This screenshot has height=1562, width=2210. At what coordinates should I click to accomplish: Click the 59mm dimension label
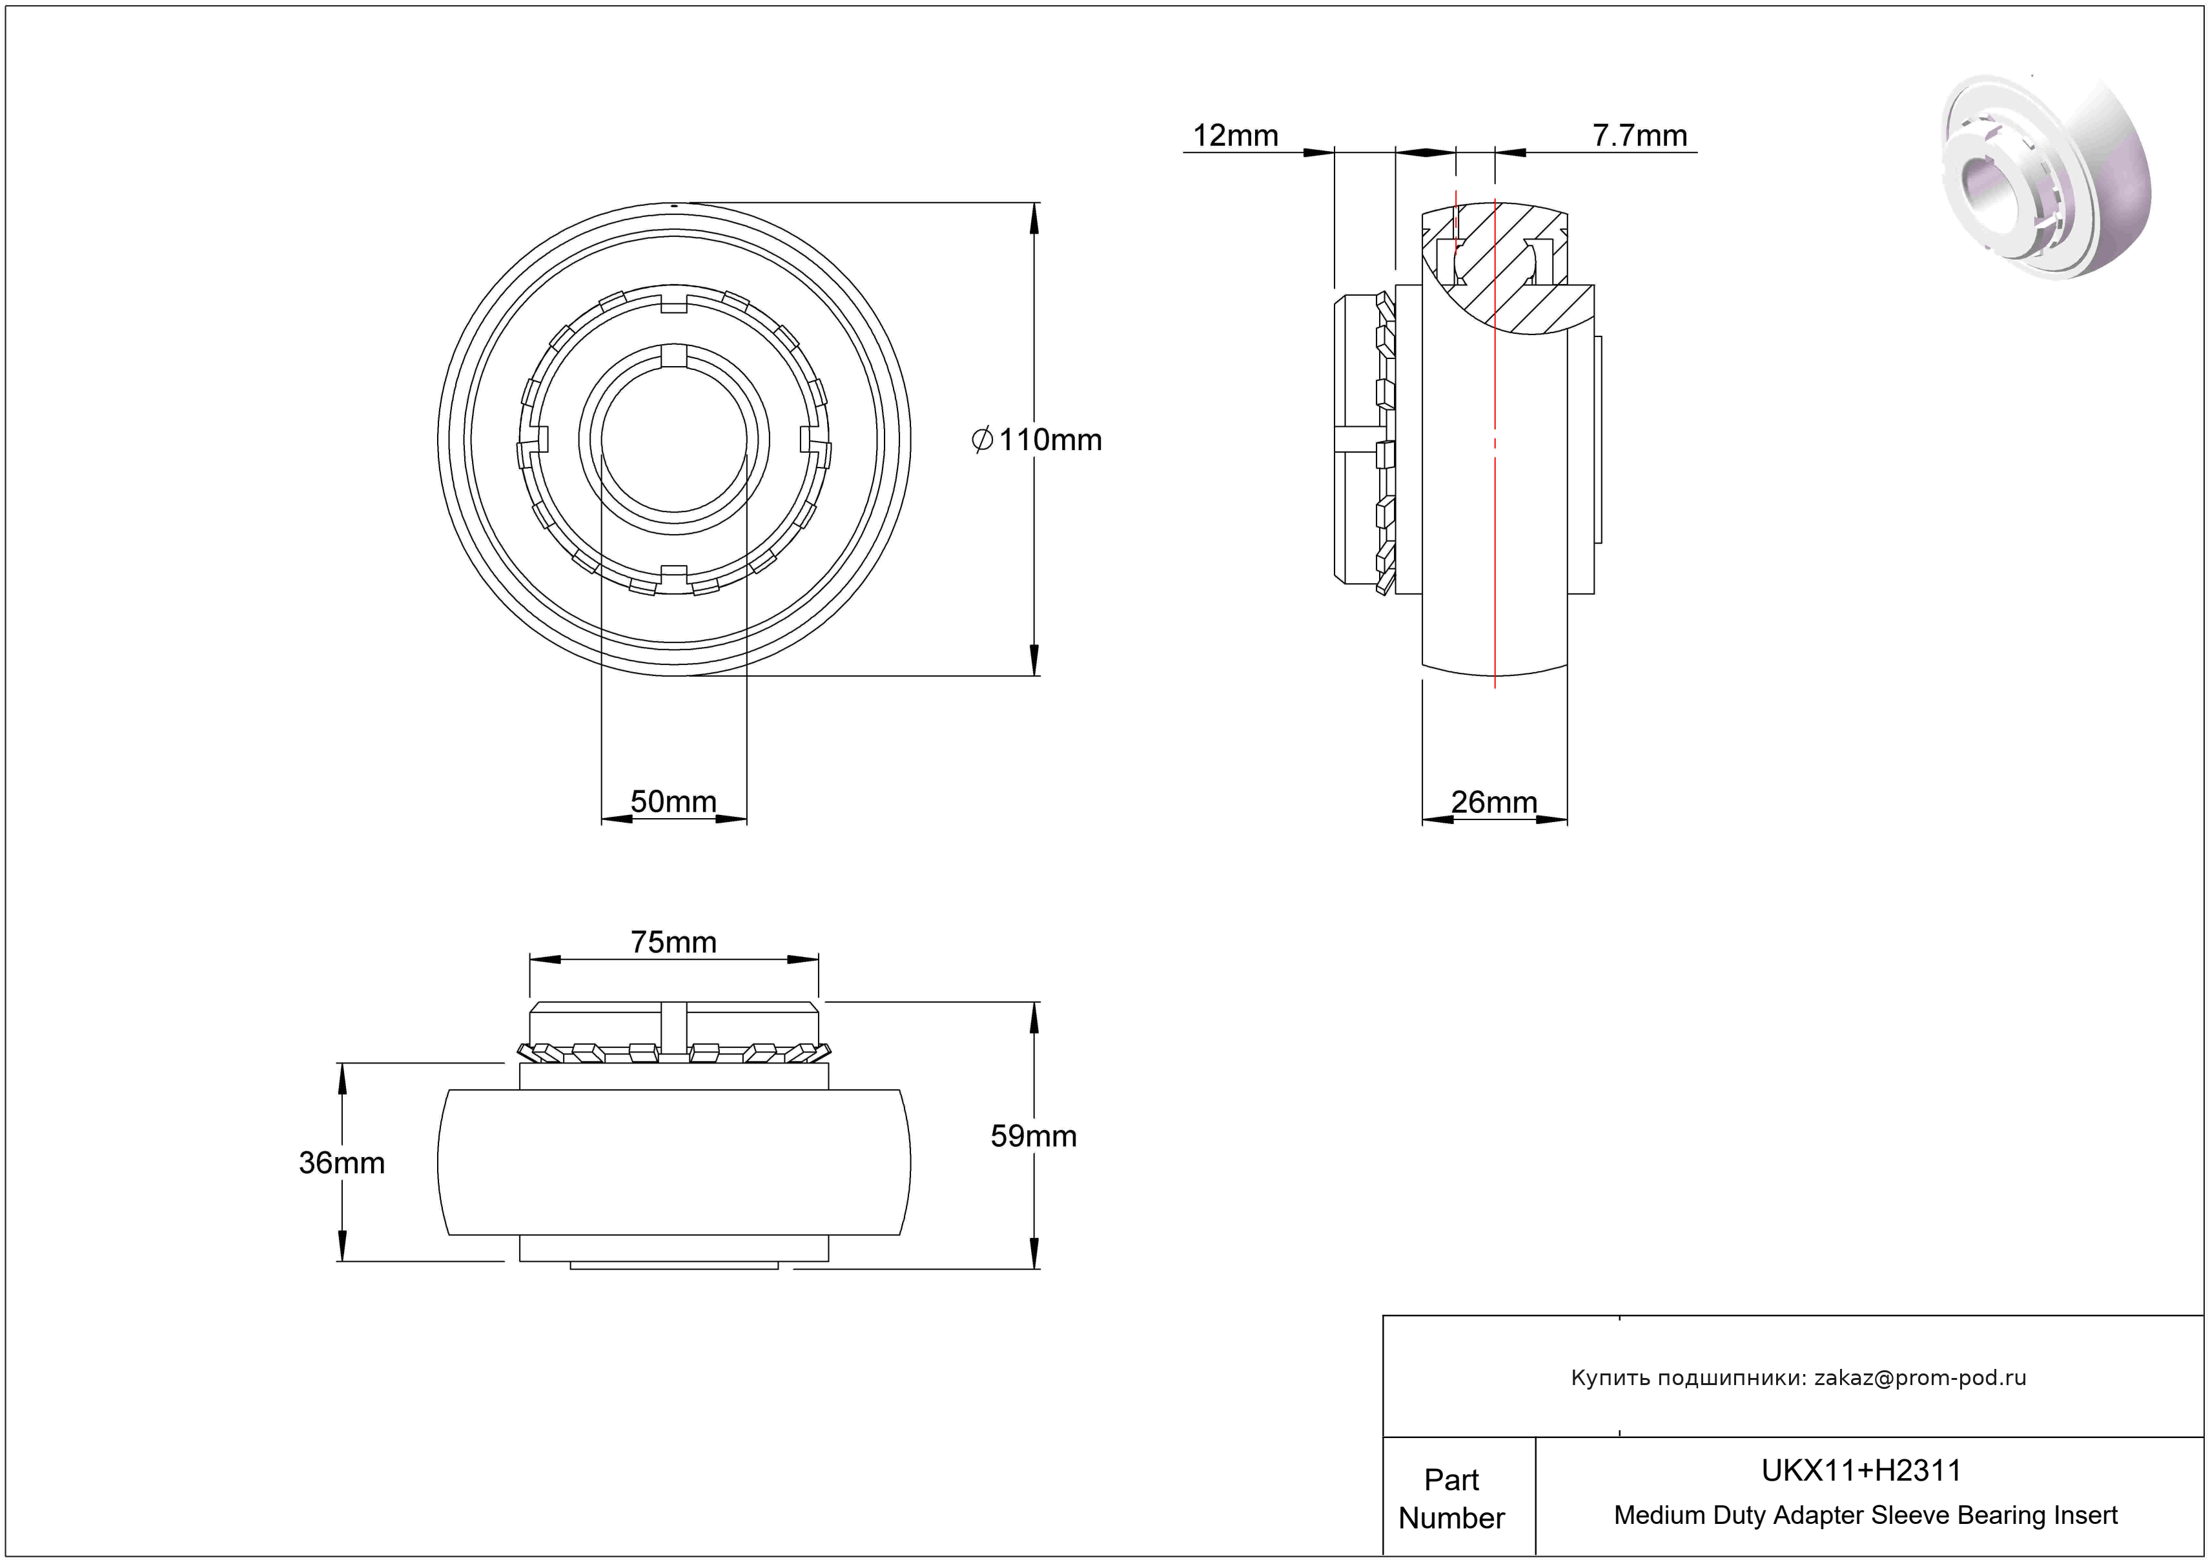tap(1033, 1136)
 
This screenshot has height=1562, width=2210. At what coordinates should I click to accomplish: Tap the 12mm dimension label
tap(1235, 136)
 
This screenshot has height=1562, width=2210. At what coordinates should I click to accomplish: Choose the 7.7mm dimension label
tap(1639, 136)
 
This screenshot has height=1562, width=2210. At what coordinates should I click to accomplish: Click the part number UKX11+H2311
tap(1861, 1470)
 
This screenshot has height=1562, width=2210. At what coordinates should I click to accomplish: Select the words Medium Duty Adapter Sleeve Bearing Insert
tap(1865, 1515)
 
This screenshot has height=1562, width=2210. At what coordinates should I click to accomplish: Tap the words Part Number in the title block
tap(1451, 1499)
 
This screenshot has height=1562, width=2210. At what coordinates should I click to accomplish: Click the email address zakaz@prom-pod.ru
tap(1919, 1377)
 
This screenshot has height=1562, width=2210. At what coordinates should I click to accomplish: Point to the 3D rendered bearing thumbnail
tap(2045, 178)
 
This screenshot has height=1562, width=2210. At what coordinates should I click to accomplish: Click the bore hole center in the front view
tap(674, 440)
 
